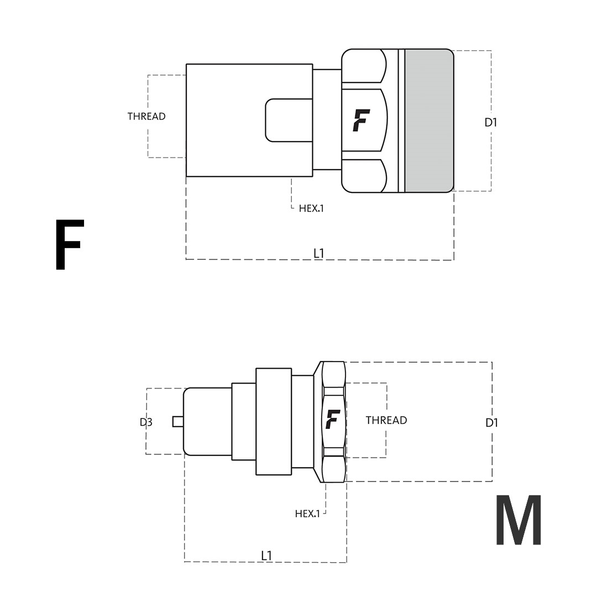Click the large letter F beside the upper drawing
tap(69, 244)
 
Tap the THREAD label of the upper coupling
tap(146, 117)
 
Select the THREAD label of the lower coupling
tap(386, 420)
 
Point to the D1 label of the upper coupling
tap(491, 123)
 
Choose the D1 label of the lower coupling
tap(492, 423)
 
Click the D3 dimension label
tap(146, 422)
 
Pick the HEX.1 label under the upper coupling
tap(311, 208)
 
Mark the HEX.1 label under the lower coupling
tap(307, 514)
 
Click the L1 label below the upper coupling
tap(319, 253)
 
